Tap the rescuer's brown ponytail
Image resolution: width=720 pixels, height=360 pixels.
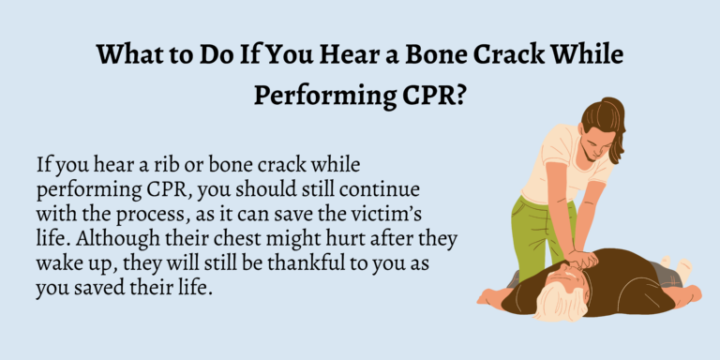click(613, 117)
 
